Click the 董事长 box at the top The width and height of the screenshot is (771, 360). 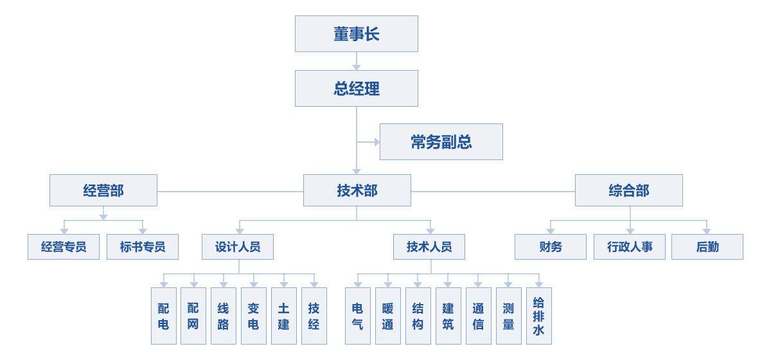[x=356, y=33]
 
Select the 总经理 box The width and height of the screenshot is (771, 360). [x=356, y=88]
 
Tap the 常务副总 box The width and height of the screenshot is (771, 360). [x=441, y=141]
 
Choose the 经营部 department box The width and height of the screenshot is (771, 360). [x=103, y=190]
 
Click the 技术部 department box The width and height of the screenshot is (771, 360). [x=357, y=190]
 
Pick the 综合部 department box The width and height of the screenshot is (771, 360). [x=628, y=190]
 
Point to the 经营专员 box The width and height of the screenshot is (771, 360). [x=63, y=247]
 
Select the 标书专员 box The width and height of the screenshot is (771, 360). [x=142, y=247]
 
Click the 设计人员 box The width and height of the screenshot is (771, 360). [x=237, y=247]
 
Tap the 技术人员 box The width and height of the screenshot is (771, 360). [x=429, y=247]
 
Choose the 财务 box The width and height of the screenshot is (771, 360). [x=550, y=247]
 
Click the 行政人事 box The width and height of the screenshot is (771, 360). [x=629, y=247]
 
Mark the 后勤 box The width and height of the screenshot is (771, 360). [x=707, y=247]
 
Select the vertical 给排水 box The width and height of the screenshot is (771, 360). [x=538, y=316]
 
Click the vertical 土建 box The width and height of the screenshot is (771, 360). [x=283, y=316]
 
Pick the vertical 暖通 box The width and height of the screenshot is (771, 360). [x=387, y=316]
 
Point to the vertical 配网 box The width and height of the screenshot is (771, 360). [x=193, y=316]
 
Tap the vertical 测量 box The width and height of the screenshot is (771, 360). [x=508, y=316]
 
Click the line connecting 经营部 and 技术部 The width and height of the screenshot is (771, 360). [x=230, y=191]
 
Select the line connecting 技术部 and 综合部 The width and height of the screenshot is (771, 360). [x=493, y=191]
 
